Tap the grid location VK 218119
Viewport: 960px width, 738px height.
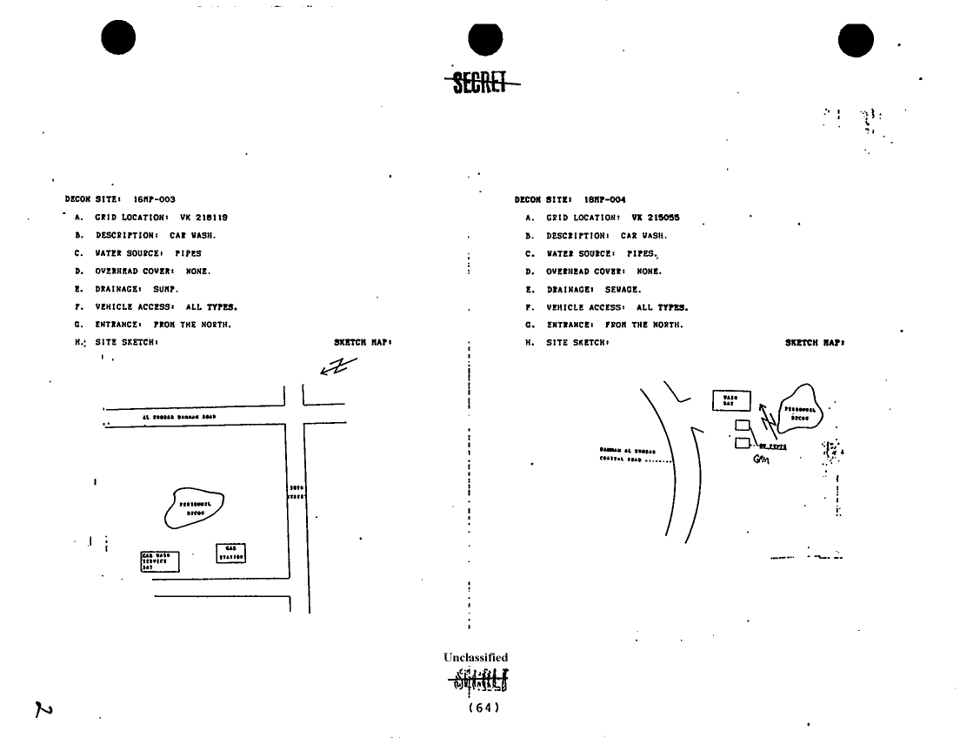(x=205, y=218)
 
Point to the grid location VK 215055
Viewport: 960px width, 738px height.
(x=655, y=218)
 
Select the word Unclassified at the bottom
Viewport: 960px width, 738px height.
(x=476, y=658)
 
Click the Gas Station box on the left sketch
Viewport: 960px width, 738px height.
(x=230, y=553)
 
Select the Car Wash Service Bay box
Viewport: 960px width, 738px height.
(x=159, y=560)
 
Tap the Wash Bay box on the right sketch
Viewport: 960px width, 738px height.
(x=730, y=400)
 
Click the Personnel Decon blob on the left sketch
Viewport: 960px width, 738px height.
(x=194, y=508)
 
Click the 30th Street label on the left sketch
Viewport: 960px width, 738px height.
(x=296, y=492)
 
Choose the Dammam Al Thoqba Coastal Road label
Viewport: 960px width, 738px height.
(x=626, y=454)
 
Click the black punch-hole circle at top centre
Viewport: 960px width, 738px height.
(x=485, y=41)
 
